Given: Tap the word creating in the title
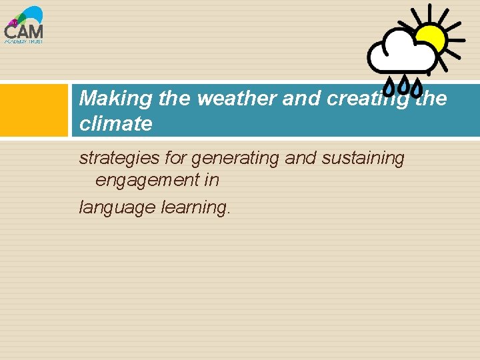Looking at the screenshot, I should click(x=359, y=99).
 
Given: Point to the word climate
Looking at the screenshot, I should click(x=115, y=123).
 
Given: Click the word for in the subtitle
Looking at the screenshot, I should click(x=175, y=159).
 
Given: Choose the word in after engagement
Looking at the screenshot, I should click(x=211, y=180).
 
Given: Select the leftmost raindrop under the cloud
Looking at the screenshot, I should click(x=387, y=86).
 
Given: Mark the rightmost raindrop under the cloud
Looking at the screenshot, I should click(x=416, y=86).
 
